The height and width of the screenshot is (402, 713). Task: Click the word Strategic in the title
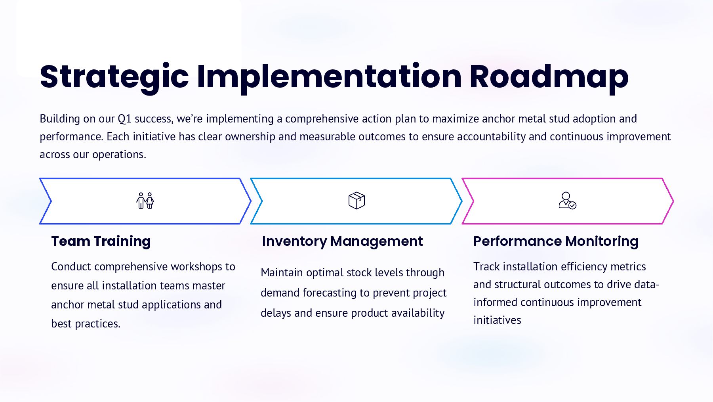pos(114,77)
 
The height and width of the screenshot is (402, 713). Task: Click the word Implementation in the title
pos(329,77)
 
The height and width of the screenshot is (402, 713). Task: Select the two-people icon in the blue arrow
pos(145,201)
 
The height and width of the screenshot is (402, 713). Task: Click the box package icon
pos(356,201)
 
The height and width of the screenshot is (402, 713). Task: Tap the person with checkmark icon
pos(567,201)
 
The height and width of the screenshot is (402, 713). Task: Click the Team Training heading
pos(101,241)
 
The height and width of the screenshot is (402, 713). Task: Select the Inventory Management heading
pos(342,241)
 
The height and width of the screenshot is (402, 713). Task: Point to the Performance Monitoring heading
pos(556,241)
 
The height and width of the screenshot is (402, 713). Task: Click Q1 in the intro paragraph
pos(124,119)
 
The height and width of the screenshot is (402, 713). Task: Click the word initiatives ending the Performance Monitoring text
pos(497,320)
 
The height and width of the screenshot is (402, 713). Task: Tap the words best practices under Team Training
pos(86,324)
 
